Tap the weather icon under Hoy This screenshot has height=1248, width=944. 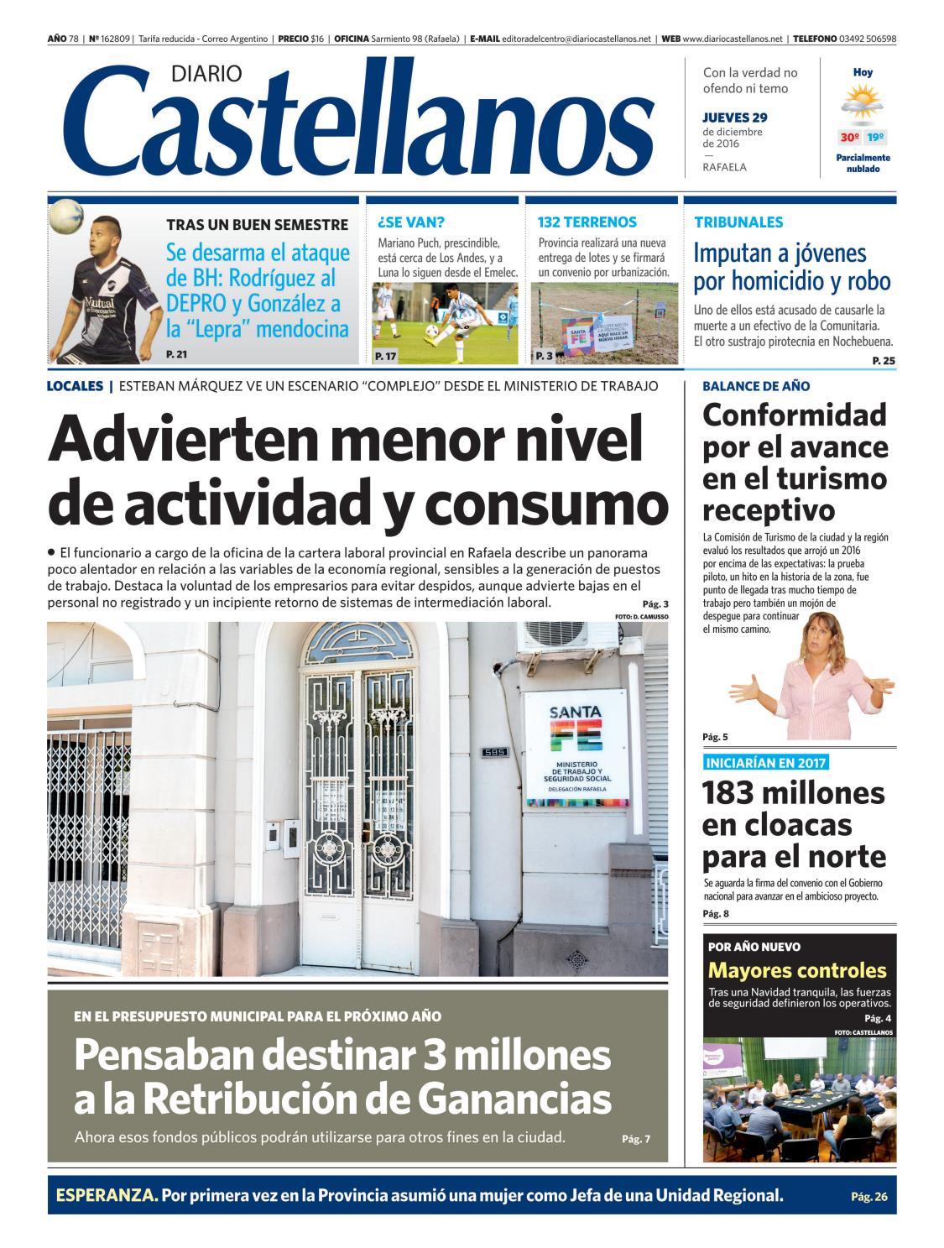coord(862,106)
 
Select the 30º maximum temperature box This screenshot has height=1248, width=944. coord(849,138)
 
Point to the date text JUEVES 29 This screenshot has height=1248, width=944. coord(734,117)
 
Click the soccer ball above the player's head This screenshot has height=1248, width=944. coord(65,217)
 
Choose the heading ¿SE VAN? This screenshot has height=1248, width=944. coord(411,222)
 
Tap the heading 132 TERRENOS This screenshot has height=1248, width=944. coord(587,222)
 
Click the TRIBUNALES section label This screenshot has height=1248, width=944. coord(738,222)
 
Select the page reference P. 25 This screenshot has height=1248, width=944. coord(884,361)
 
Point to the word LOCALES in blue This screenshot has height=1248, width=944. coord(76,386)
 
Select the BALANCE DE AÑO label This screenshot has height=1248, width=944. coord(756,386)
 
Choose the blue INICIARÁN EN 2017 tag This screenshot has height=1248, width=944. coord(765,763)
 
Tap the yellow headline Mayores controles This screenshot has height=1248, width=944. coord(797,971)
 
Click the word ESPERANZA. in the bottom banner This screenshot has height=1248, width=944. coord(107,1195)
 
